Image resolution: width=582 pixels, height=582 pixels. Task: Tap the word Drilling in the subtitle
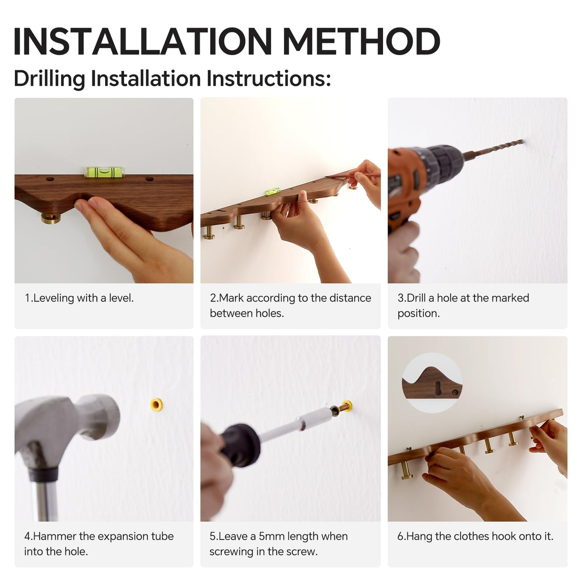[50, 79]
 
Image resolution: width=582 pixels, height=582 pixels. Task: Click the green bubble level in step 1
[104, 172]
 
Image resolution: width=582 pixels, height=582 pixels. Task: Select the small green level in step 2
[273, 191]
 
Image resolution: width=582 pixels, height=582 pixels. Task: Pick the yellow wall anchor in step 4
[156, 404]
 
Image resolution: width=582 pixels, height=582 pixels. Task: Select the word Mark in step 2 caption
[231, 298]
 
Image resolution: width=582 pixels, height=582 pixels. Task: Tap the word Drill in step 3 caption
[416, 298]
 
